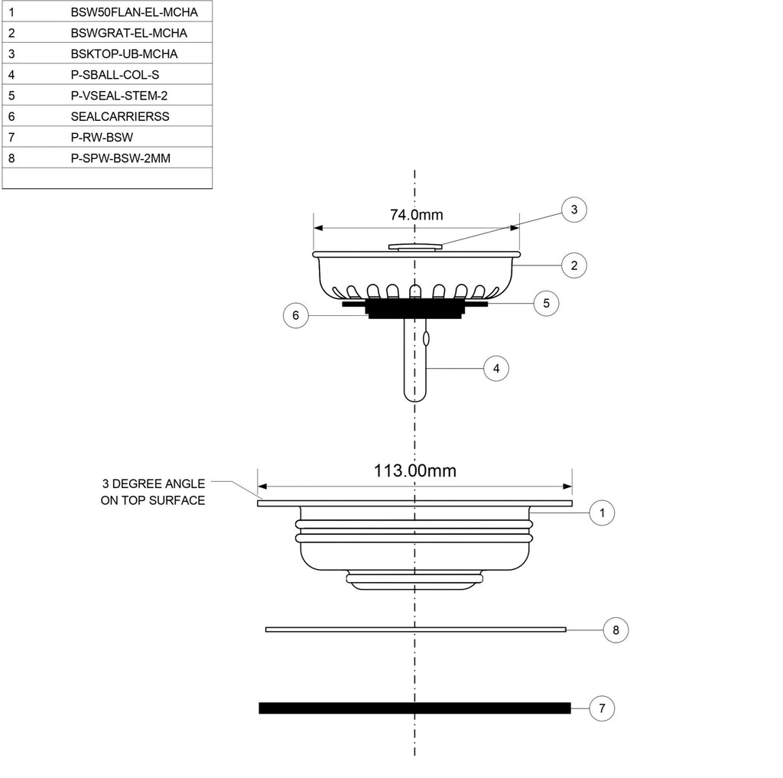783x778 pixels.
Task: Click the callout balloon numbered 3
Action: click(x=573, y=210)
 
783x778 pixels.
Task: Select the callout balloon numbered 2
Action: click(x=573, y=265)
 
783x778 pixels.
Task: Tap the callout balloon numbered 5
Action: click(x=546, y=303)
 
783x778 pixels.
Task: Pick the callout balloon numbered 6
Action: click(x=296, y=315)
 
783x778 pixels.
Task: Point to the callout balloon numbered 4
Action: click(x=495, y=369)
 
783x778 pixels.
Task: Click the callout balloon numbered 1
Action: click(x=602, y=513)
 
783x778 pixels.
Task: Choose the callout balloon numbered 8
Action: click(x=616, y=630)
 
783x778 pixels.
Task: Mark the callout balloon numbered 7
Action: click(x=602, y=708)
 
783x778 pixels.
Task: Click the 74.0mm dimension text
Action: click(x=417, y=215)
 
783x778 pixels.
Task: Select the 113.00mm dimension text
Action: click(x=415, y=470)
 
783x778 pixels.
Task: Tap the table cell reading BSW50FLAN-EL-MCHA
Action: click(x=135, y=12)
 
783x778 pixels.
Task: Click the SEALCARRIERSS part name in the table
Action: click(x=120, y=116)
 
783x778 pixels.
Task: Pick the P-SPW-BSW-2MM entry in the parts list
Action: click(x=120, y=158)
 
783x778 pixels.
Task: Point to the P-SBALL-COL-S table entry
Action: click(x=115, y=75)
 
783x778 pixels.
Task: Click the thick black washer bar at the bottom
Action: click(x=414, y=708)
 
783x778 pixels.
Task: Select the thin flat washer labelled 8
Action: click(x=415, y=630)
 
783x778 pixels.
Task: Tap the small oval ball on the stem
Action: click(x=426, y=339)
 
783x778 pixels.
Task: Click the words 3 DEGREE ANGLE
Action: click(x=154, y=483)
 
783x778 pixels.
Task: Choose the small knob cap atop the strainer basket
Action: click(x=415, y=247)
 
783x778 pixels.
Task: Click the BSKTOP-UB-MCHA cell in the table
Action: click(x=124, y=54)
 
